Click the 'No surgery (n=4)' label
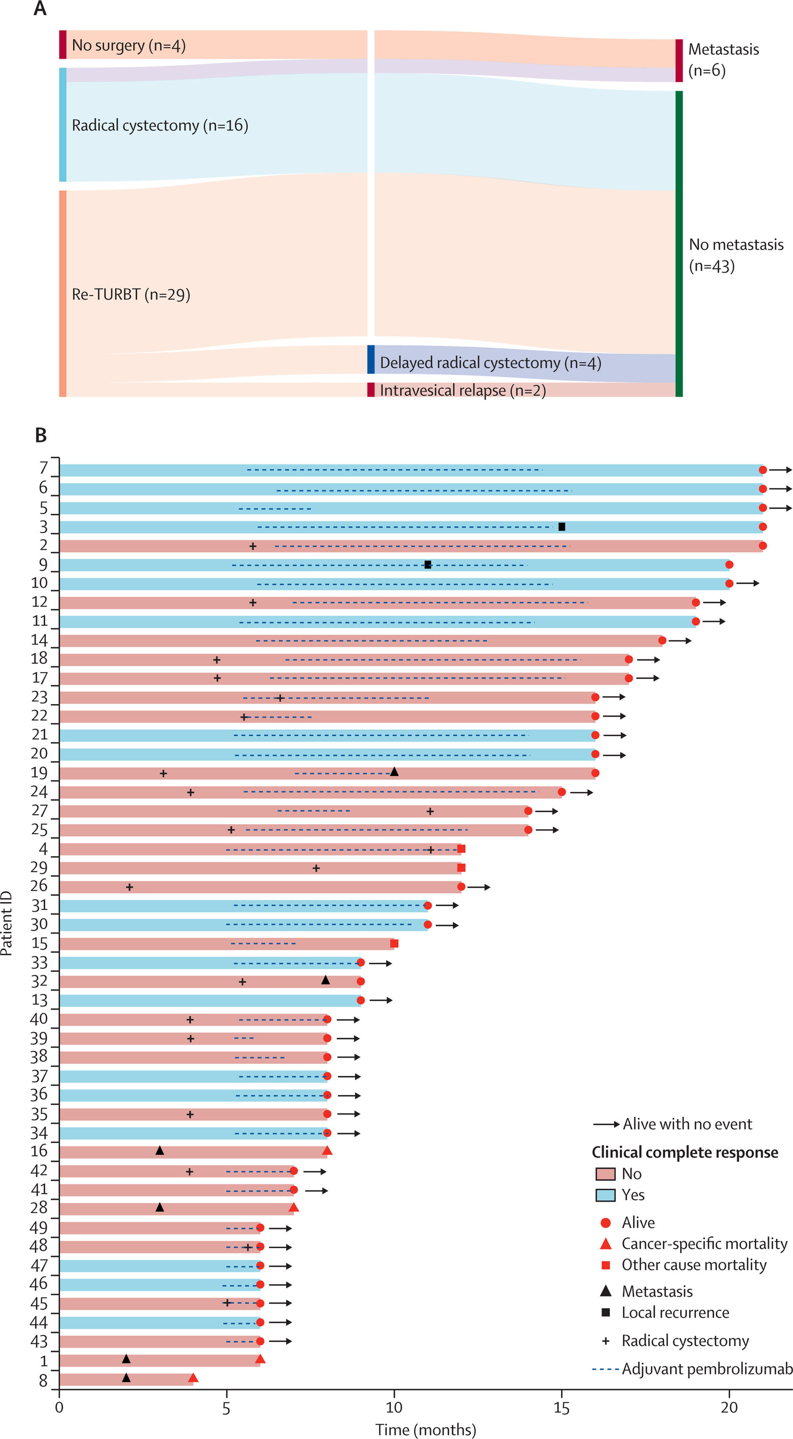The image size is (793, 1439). tap(128, 45)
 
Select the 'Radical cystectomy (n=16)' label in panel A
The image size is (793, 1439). tap(160, 125)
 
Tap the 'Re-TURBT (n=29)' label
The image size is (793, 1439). tap(131, 294)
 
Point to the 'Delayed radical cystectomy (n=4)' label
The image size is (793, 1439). tap(490, 363)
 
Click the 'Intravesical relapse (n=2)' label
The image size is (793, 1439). tap(463, 391)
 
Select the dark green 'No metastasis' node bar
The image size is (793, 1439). tap(679, 244)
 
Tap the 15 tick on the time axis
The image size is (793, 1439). tap(561, 1408)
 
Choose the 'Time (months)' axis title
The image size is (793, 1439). tap(426, 1430)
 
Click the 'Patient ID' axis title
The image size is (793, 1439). tap(7, 923)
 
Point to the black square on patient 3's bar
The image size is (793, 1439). tap(562, 527)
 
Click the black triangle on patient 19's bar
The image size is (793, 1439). tap(394, 772)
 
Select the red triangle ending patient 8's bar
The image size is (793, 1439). tap(193, 1378)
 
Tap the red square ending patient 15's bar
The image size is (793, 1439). tap(394, 944)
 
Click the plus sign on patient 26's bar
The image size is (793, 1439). tap(129, 887)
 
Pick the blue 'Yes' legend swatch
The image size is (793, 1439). tap(605, 1195)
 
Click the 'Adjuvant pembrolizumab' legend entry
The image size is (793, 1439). tap(707, 1369)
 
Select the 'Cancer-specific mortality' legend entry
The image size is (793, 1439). tap(704, 1243)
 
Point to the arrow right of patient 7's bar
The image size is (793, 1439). tap(781, 470)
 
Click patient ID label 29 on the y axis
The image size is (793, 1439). tap(39, 868)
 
